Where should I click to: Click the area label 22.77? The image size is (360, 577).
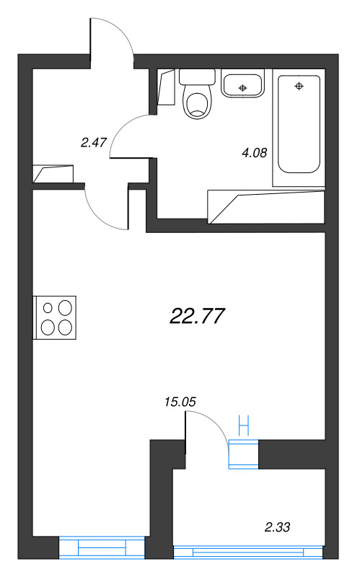[198, 315]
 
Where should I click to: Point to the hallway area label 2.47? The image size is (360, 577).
[94, 142]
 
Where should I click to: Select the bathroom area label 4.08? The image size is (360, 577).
[254, 152]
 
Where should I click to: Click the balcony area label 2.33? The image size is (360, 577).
[278, 528]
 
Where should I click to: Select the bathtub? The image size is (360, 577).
[299, 126]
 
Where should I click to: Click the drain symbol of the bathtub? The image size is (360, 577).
[299, 87]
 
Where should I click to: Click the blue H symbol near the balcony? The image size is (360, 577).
[243, 424]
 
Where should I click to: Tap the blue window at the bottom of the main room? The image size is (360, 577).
[102, 548]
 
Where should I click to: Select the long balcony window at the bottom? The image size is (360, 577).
[247, 552]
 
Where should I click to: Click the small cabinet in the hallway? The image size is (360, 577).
[53, 174]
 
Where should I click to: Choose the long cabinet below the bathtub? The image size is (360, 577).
[265, 206]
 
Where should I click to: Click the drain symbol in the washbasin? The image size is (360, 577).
[243, 87]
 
